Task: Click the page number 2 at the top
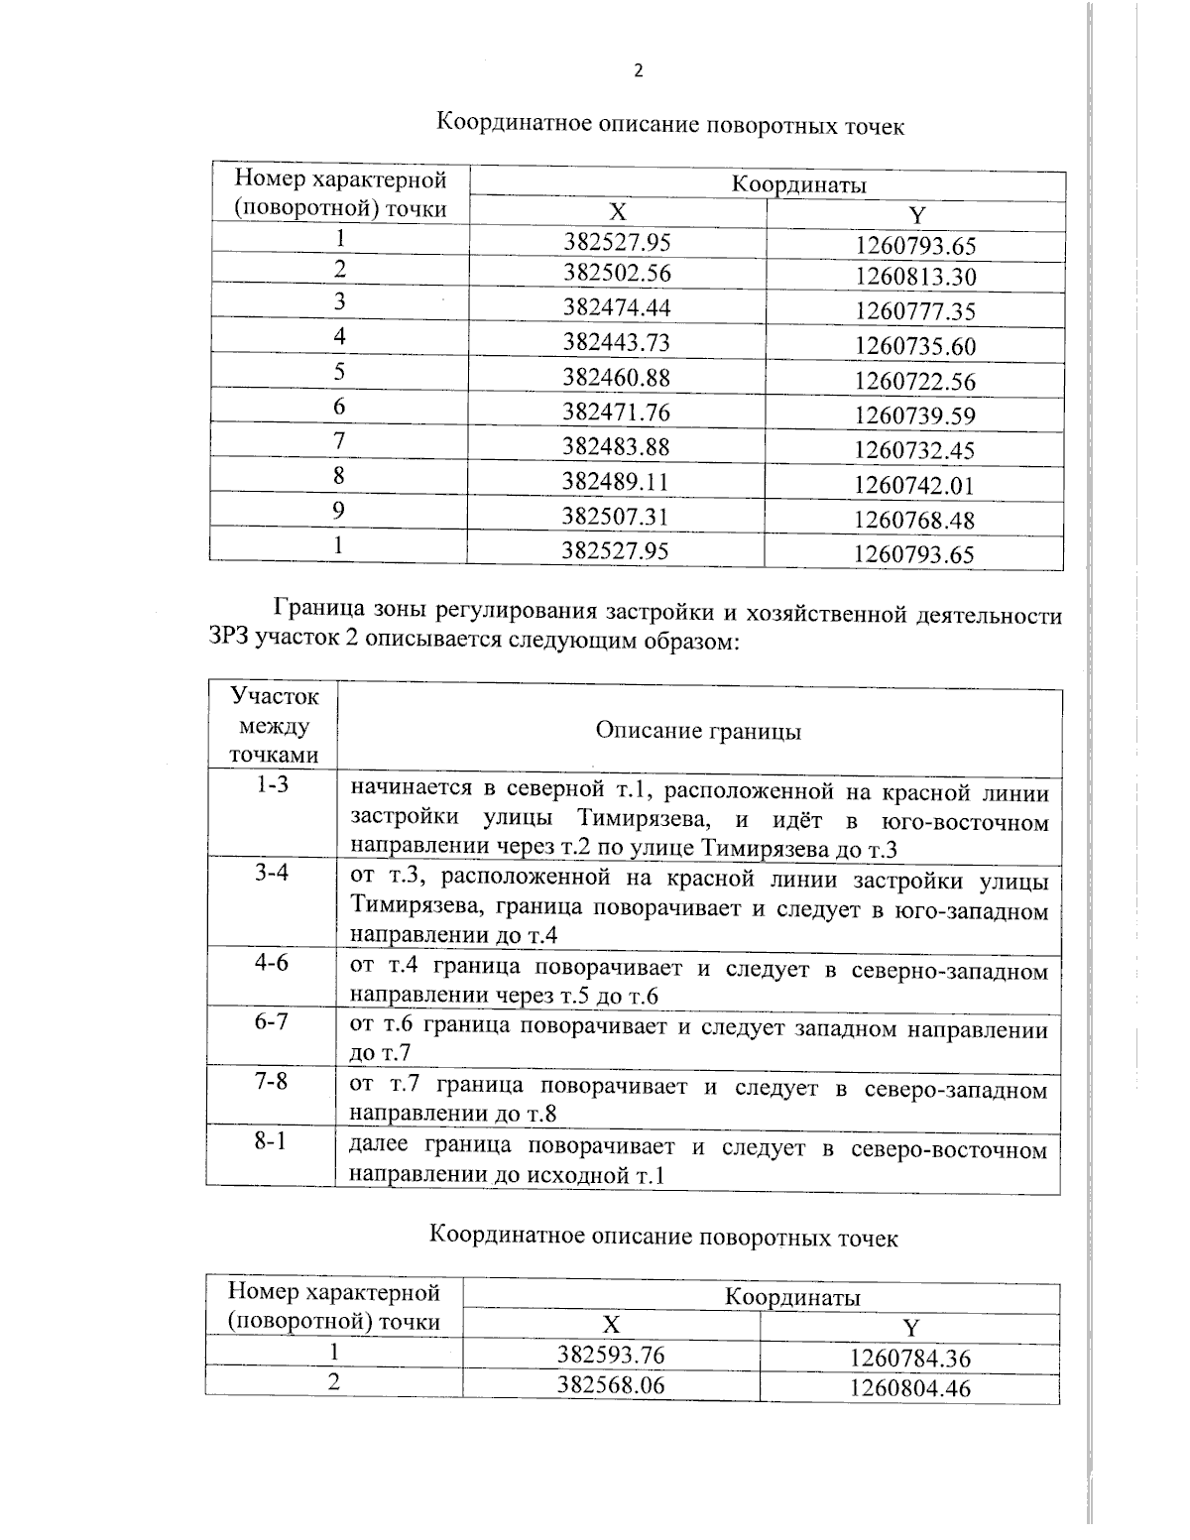pyautogui.click(x=638, y=70)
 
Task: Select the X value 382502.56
pyautogui.click(x=617, y=273)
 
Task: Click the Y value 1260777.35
pyautogui.click(x=915, y=311)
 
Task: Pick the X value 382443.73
pyautogui.click(x=617, y=342)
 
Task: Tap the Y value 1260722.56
pyautogui.click(x=915, y=381)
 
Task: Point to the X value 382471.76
pyautogui.click(x=617, y=412)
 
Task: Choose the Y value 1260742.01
pyautogui.click(x=914, y=485)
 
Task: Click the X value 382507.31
pyautogui.click(x=616, y=516)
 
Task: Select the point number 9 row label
pyautogui.click(x=339, y=510)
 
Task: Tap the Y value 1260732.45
pyautogui.click(x=914, y=450)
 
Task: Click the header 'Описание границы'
pyautogui.click(x=698, y=732)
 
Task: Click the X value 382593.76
pyautogui.click(x=611, y=1355)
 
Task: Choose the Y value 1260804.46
pyautogui.click(x=909, y=1388)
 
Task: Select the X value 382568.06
pyautogui.click(x=611, y=1384)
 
